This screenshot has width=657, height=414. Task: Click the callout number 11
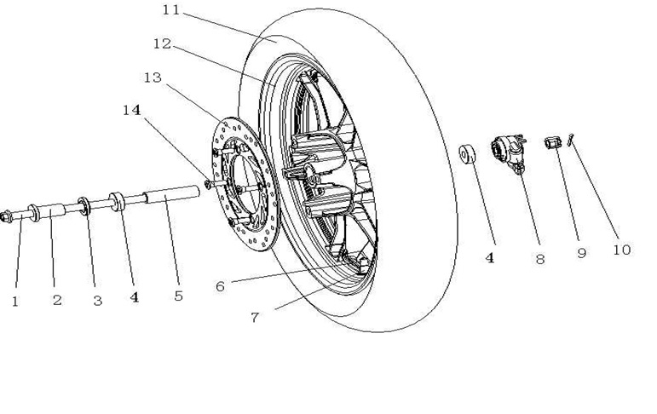170,11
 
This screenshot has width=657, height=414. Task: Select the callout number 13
153,78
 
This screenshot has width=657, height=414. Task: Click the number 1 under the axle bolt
14,300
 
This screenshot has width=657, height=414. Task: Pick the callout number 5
178,296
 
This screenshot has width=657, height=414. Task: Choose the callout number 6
220,286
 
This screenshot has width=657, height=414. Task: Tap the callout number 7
254,317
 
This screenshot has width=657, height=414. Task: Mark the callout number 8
539,259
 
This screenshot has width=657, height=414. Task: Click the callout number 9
581,253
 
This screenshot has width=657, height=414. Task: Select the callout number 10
621,250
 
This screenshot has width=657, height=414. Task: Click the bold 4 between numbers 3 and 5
134,298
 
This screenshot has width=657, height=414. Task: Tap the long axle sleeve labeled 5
175,197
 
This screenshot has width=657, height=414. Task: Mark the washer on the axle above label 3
85,205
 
